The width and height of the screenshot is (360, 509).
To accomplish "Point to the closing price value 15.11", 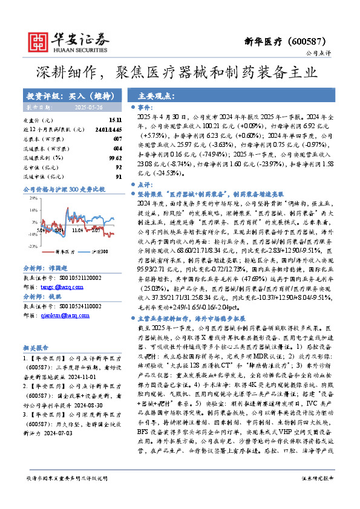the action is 115,121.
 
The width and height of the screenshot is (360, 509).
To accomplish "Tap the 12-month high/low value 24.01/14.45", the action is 109,129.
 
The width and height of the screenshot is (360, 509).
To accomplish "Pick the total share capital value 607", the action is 117,138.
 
